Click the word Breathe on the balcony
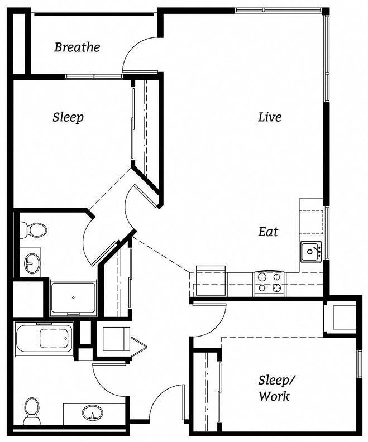click(x=77, y=47)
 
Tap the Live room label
click(x=269, y=117)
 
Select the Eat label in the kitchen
click(x=268, y=232)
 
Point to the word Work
click(x=274, y=396)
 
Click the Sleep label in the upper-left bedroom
click(x=68, y=117)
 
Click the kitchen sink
click(x=310, y=252)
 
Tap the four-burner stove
click(x=270, y=282)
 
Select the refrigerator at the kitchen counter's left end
click(x=210, y=281)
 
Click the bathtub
click(x=44, y=338)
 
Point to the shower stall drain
click(x=73, y=298)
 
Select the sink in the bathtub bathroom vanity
click(x=93, y=413)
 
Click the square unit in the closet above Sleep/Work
click(x=340, y=317)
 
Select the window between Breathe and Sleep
click(x=93, y=76)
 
